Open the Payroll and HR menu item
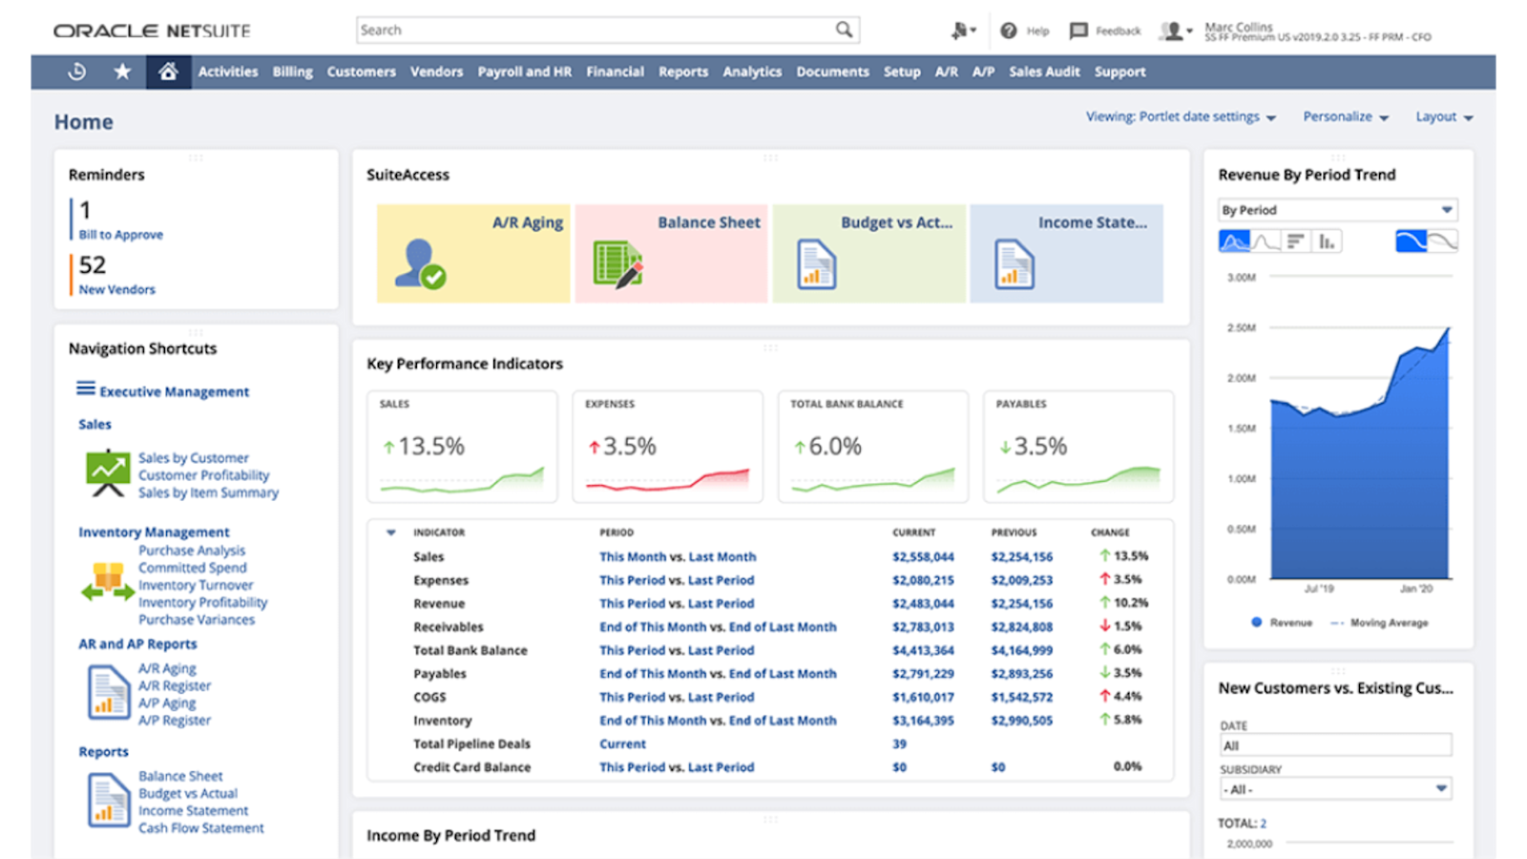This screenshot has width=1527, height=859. point(524,72)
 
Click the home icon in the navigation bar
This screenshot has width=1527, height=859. point(168,72)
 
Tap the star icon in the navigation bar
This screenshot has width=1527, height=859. point(122,72)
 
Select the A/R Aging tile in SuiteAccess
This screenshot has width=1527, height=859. point(473,253)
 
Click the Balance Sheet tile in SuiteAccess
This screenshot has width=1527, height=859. point(671,253)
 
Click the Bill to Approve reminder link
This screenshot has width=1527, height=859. point(120,235)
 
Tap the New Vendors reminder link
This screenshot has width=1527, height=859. point(116,289)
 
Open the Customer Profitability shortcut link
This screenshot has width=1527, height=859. point(203,475)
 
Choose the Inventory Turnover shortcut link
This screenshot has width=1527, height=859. point(196,585)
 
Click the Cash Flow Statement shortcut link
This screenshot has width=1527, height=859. point(200,828)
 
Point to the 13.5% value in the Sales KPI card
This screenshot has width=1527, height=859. point(430,447)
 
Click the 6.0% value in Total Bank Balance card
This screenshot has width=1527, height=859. point(834,447)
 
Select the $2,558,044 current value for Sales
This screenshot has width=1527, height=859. point(923,557)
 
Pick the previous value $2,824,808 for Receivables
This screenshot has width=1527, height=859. point(1021,627)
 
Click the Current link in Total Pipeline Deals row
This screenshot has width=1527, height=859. point(622,744)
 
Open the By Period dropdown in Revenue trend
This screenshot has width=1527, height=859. point(1336,210)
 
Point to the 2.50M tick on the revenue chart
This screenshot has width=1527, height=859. point(1241,328)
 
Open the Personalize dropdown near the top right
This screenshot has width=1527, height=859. point(1345,116)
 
